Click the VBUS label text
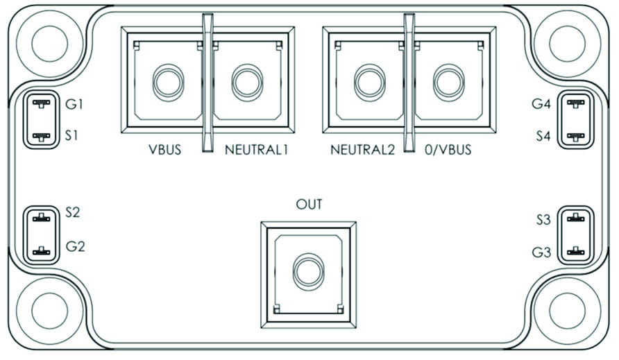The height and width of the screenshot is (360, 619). coord(164,150)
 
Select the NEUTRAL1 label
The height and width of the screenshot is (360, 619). coord(257,150)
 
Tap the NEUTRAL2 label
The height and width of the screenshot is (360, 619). coord(362,150)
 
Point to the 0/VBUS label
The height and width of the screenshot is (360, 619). coord(448,150)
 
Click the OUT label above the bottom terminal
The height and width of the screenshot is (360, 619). coord(309,204)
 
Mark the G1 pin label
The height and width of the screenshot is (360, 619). coord(74,104)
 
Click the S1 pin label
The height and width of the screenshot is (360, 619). coord(71,135)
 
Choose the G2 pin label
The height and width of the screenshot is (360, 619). coord(75,246)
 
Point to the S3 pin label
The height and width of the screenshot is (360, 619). coord(543,219)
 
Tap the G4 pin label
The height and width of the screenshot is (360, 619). coord(541,104)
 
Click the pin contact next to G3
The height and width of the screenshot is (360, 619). coord(575,251)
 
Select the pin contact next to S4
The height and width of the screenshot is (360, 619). coord(575,137)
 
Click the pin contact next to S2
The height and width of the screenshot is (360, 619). coord(42,218)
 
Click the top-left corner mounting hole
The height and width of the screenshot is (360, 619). coord(50,44)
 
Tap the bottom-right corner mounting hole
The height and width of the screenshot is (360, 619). coord(567,311)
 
